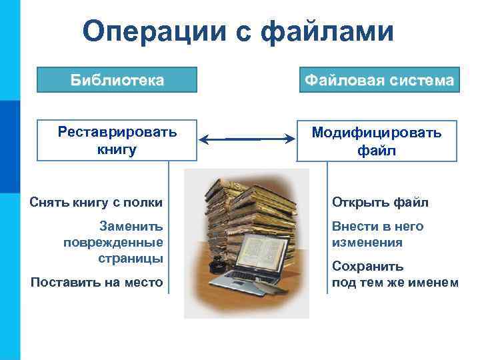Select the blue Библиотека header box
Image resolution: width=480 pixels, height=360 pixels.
tap(117, 81)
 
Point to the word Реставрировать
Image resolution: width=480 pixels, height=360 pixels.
tap(117, 131)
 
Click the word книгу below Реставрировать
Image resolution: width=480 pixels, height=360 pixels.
tap(117, 149)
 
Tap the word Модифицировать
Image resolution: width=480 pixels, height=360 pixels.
tap(377, 133)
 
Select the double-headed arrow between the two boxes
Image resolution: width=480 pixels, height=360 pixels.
tap(247, 139)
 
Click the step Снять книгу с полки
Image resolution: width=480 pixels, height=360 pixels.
tap(96, 202)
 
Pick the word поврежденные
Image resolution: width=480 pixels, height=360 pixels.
tap(113, 241)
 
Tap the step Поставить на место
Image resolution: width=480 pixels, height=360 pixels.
tap(97, 283)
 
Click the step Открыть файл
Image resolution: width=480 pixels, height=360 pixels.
tap(381, 202)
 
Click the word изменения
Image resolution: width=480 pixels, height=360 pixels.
tap(367, 243)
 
